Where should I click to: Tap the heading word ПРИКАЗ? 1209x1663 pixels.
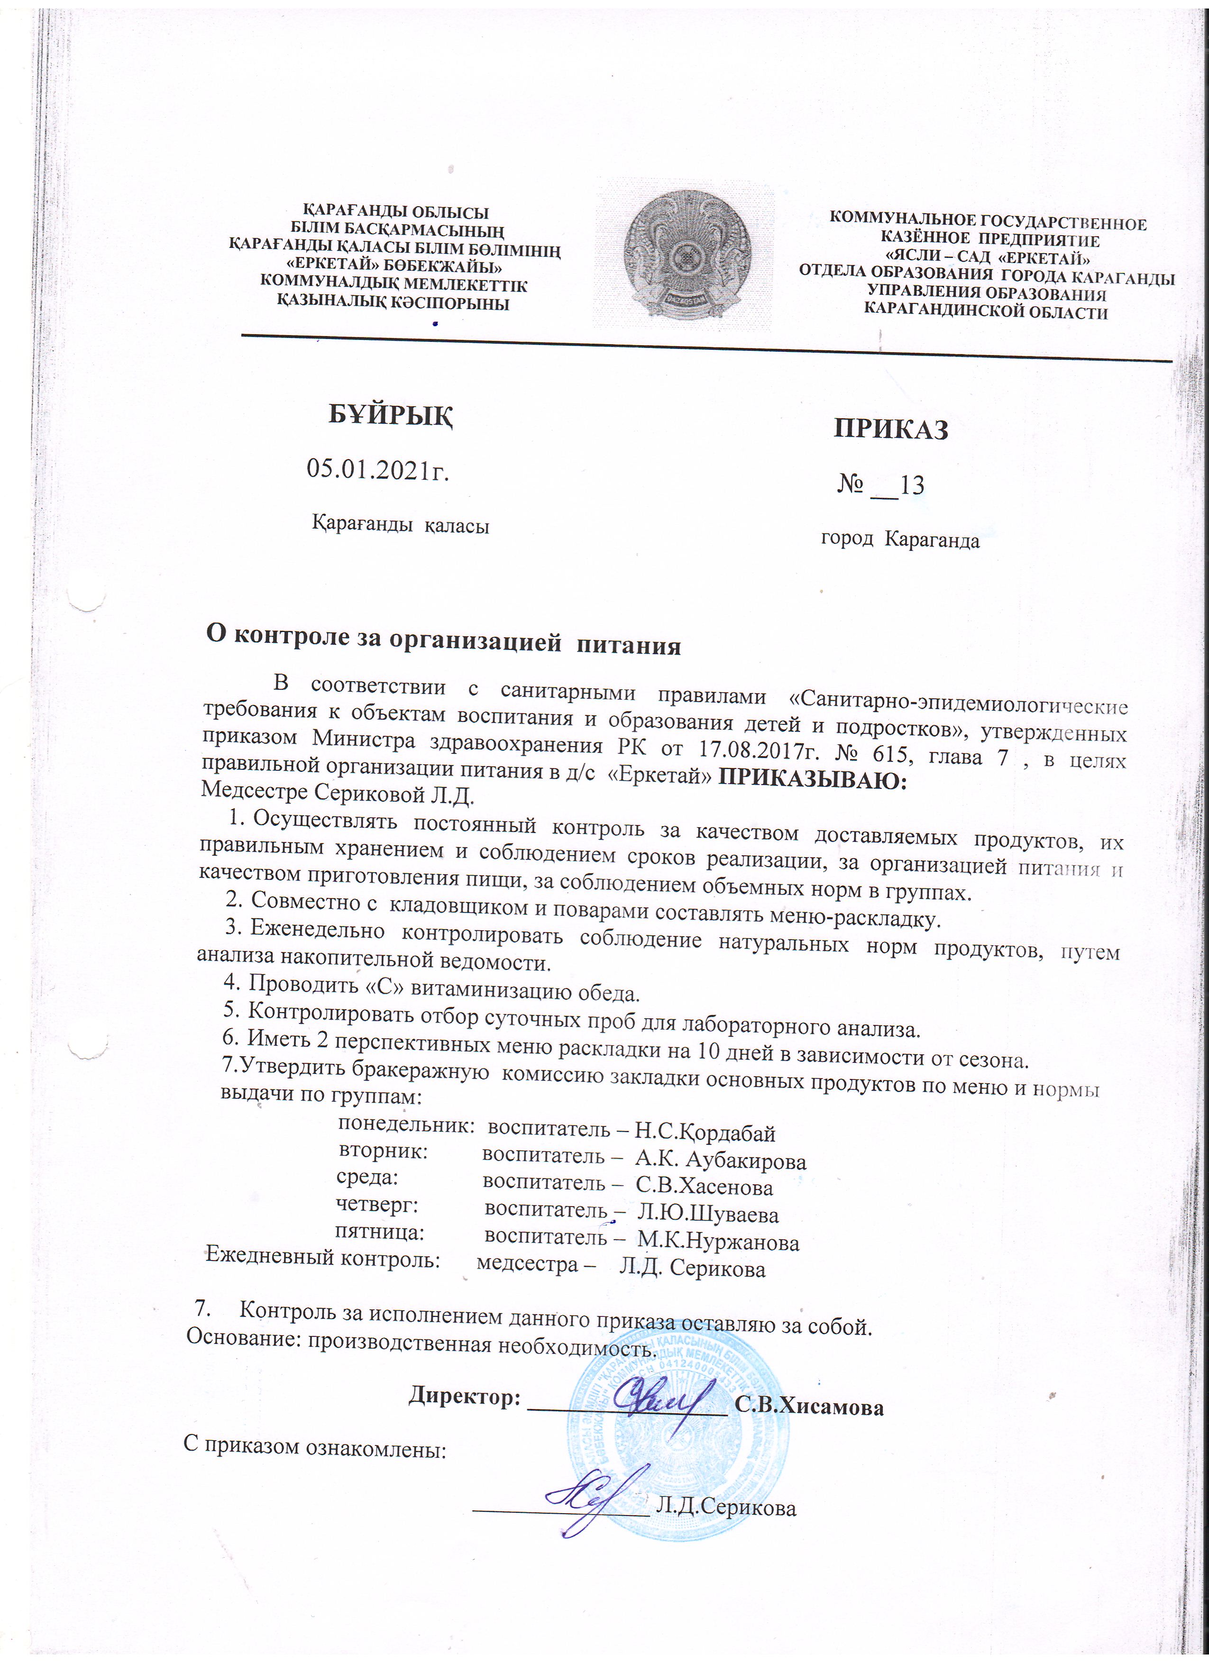[891, 429]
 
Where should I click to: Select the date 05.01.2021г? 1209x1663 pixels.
[377, 469]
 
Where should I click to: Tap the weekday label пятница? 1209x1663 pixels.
[380, 1232]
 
